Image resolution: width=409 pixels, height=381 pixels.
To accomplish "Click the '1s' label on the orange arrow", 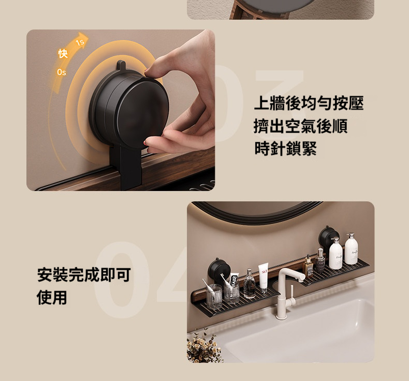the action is pos(80,42).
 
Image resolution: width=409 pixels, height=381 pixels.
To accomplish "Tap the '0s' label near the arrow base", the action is pos(62,72).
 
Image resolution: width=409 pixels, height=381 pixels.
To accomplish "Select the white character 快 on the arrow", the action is pos(63,53).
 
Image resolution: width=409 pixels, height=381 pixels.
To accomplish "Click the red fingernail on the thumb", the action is pos(145,143).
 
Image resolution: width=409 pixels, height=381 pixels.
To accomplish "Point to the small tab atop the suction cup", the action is pos(121,65).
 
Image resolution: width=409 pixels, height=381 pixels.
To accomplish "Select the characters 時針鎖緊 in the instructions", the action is pos(286,149).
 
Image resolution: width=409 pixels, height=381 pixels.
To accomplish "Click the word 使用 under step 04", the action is pos(52,297).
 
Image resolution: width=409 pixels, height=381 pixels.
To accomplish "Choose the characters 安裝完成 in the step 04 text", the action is pos(68,275).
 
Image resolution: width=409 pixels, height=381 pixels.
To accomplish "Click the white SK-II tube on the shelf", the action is pos(264,278).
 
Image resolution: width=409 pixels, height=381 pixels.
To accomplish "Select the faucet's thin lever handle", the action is pos(292,292).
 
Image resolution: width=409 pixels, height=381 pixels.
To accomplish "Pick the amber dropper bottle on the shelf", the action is pos(309,267).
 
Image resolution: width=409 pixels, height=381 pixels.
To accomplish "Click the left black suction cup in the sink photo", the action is pos(219,269).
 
